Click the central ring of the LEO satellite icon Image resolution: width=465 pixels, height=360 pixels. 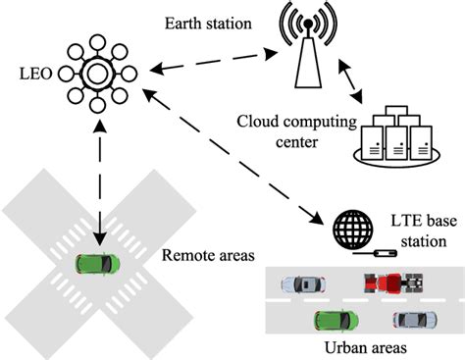99,74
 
